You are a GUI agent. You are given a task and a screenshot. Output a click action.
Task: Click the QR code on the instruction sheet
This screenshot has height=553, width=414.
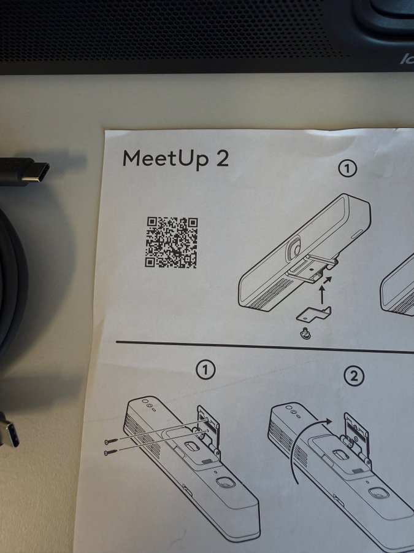pyautogui.click(x=172, y=242)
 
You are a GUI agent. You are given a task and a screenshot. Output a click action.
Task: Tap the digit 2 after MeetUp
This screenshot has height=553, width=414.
pyautogui.click(x=221, y=159)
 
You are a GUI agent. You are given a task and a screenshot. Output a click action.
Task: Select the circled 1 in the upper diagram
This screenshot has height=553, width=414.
pyautogui.click(x=348, y=169)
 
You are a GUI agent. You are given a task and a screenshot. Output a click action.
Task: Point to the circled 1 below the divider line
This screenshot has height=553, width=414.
pyautogui.click(x=205, y=370)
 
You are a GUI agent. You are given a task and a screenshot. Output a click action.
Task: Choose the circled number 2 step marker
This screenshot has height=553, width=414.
pyautogui.click(x=354, y=377)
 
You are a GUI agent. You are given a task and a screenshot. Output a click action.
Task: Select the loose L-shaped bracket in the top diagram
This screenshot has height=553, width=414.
pyautogui.click(x=314, y=314)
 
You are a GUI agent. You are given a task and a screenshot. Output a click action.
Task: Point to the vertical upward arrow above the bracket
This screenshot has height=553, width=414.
pyautogui.click(x=321, y=295)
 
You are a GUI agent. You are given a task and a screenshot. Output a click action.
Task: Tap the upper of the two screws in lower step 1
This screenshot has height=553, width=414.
pyautogui.click(x=110, y=441)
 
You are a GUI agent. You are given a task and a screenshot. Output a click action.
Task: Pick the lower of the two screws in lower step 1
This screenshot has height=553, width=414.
pyautogui.click(x=110, y=452)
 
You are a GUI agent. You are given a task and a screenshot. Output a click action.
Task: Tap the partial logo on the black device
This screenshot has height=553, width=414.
pyautogui.click(x=407, y=58)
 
